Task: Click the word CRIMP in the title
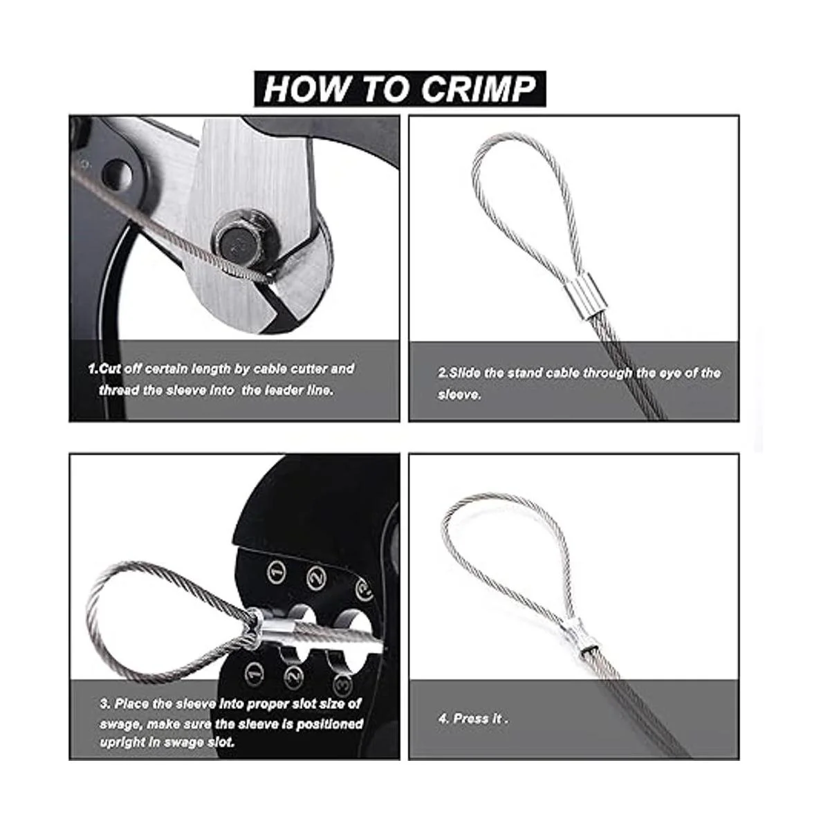[478, 89]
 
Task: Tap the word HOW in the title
[306, 89]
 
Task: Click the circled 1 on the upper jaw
[277, 573]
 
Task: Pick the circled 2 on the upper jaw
[317, 578]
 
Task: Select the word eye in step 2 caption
[667, 373]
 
